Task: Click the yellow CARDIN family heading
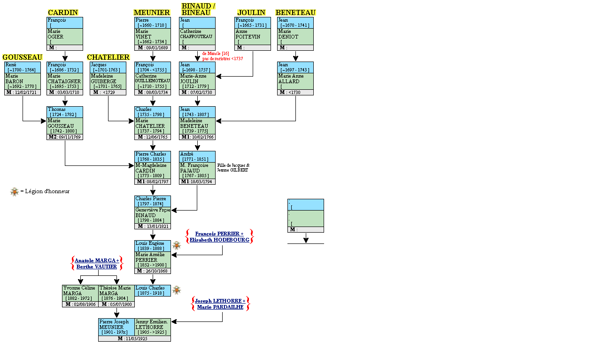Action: pos(63,13)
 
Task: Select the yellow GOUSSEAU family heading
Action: pos(23,57)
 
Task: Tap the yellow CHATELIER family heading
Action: pos(108,57)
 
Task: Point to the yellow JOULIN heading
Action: pos(251,13)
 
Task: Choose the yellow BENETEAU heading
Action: pos(295,13)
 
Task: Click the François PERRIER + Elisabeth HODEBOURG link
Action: pos(219,236)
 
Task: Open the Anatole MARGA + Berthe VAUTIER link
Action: pos(97,263)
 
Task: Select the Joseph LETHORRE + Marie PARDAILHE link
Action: pos(220,304)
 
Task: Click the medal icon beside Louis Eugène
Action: pos(177,245)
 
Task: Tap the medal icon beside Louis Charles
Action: pos(177,290)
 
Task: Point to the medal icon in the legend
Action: pos(15,191)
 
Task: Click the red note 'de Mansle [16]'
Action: pos(216,54)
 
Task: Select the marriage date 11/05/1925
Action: pos(134,338)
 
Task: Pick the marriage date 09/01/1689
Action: pos(153,47)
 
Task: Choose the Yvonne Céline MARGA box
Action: pos(80,293)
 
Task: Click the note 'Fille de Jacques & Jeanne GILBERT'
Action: pos(233,167)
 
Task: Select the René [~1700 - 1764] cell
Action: pos(23,67)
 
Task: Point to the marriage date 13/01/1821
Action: pos(153,226)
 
